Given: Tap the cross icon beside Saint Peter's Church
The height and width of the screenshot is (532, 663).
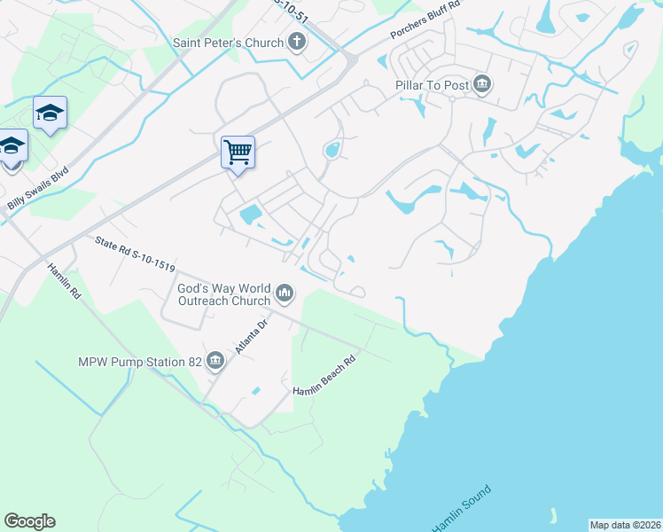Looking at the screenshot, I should coord(297,43).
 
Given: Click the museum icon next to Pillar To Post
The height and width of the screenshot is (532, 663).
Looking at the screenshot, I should coord(482,85).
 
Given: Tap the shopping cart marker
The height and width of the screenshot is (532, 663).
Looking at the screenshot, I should coord(238,153).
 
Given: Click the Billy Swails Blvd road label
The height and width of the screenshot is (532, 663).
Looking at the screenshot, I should coord(37,189).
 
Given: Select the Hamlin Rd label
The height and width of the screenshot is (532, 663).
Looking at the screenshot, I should coord(64,281).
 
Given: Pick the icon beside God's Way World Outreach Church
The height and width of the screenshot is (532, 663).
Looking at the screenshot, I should coord(285,293).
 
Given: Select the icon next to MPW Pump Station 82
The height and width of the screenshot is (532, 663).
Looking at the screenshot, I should coord(215,360).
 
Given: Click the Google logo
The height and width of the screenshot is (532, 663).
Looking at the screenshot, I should coord(29,521).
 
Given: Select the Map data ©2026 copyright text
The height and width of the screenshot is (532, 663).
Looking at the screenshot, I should coord(625,525).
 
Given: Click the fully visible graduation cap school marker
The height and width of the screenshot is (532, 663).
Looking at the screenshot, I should coord(51,113).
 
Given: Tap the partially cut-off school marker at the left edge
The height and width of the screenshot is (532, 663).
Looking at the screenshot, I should coord(11,147).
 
